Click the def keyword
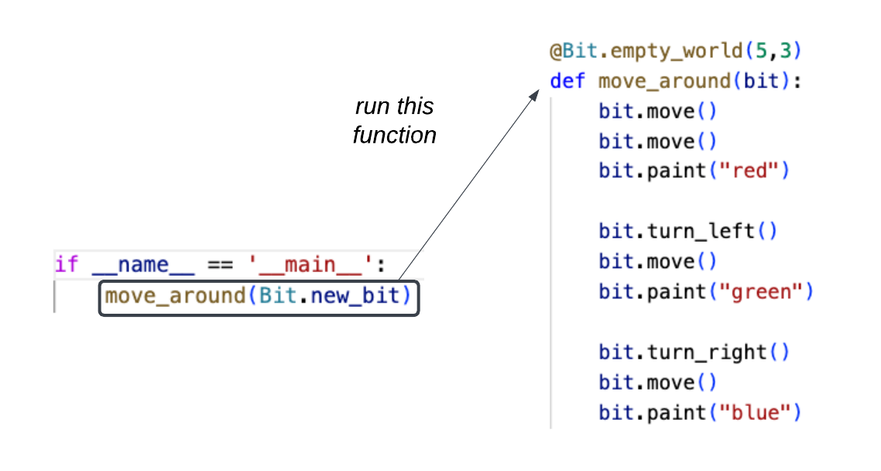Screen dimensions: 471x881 pos(567,81)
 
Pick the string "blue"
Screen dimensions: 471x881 pos(760,413)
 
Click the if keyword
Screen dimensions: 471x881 pos(67,265)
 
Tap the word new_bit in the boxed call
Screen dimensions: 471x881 pos(359,296)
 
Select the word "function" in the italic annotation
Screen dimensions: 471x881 pos(394,136)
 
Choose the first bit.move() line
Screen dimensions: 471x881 pos(658,111)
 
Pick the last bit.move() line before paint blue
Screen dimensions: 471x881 pos(658,383)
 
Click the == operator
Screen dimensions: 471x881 pos(218,265)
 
